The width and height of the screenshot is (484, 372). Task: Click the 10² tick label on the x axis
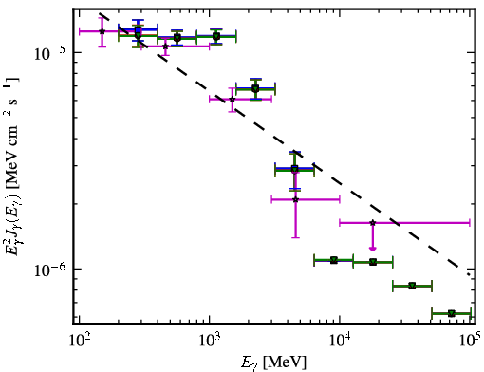tap(80, 341)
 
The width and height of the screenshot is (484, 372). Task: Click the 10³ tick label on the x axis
tap(210, 341)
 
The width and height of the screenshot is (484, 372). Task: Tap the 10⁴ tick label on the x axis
tap(340, 341)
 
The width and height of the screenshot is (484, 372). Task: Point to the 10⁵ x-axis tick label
tap(470, 341)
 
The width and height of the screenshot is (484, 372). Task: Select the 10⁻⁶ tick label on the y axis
tap(49, 270)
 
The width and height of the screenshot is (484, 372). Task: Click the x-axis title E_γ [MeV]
tap(273, 362)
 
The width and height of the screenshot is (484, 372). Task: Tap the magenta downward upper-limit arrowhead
tap(373, 249)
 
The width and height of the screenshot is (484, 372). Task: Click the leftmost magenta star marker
tap(102, 31)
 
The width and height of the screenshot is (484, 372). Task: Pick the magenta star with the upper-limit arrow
tap(373, 223)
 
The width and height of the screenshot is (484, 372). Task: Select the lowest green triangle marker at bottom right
tap(452, 313)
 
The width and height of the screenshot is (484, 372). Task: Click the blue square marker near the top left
tap(138, 30)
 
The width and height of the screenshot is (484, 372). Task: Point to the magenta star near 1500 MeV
tap(233, 100)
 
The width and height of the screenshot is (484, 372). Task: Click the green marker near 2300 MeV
tap(255, 89)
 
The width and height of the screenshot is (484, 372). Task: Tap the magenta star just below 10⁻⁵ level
tap(165, 46)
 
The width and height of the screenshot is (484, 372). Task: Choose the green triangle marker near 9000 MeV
tap(334, 260)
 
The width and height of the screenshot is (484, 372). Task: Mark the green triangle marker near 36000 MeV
tap(412, 286)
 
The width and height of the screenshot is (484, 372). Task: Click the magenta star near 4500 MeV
tap(295, 199)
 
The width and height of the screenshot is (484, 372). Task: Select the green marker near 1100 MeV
tap(216, 36)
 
